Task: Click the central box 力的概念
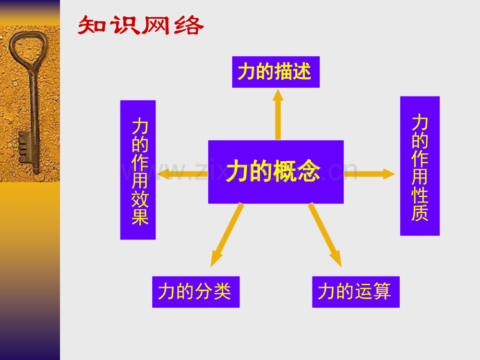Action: [276, 172]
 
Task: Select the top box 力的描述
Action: [276, 72]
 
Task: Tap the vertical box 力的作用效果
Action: [138, 170]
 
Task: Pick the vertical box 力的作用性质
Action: [420, 166]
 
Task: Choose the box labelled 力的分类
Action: [196, 292]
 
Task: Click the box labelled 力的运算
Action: [356, 292]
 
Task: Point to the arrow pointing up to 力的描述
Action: [278, 114]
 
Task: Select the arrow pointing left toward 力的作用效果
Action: [183, 174]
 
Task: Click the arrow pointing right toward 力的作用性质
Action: [369, 174]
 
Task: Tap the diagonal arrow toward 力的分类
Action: [227, 235]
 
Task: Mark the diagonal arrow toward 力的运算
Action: [325, 235]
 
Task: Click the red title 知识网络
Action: [141, 25]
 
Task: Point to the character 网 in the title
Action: [156, 25]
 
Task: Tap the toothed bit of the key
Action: [25, 147]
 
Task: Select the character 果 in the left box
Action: [140, 217]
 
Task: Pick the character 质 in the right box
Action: [419, 212]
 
